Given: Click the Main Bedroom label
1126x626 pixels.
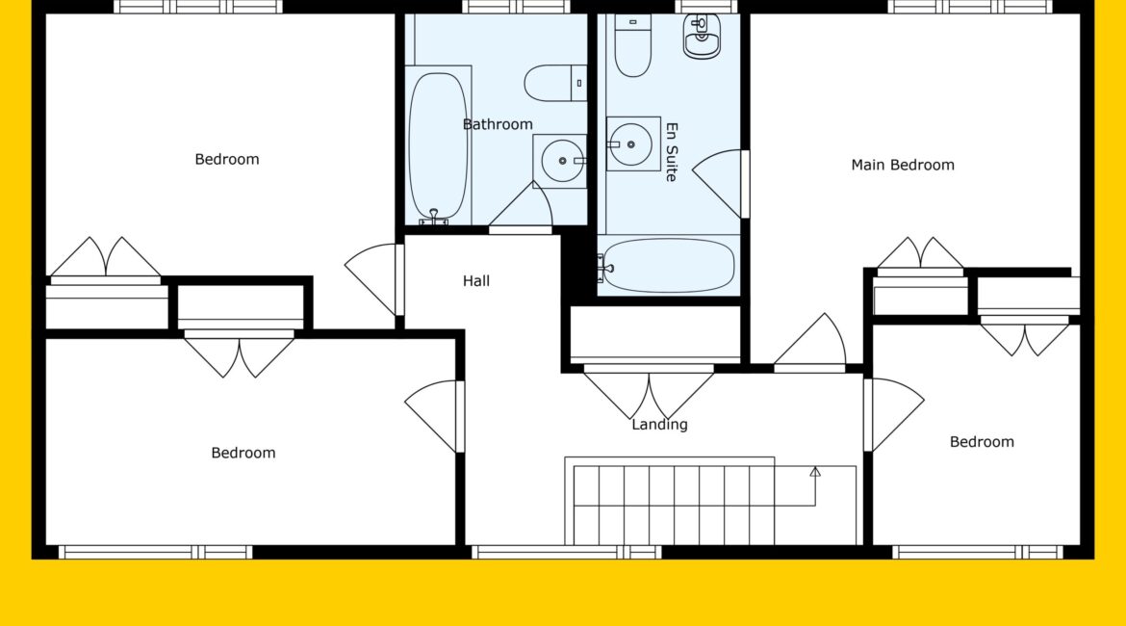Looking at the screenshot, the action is point(903,166).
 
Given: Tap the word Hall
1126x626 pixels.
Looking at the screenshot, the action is point(476,281).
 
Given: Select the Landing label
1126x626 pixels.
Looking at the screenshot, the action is point(659,425).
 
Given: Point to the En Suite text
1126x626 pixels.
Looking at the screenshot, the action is point(672,151).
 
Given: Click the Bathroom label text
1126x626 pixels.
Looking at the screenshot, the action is point(498,124).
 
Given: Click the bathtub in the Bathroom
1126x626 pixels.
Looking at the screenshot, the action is point(438,145).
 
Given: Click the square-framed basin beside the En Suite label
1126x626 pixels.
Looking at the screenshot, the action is point(632,144).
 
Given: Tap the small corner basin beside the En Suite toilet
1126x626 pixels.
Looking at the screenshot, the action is point(702,36).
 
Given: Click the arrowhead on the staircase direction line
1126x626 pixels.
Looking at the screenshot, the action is point(815,472).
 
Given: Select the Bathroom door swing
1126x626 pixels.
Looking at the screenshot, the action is point(522,207).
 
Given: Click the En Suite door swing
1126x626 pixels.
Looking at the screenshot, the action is point(719,184).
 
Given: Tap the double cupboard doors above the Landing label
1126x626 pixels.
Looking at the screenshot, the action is point(649,393).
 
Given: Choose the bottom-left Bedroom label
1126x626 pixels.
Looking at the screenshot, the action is point(243,453).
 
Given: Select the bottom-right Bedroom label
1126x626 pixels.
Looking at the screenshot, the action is point(982,442).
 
